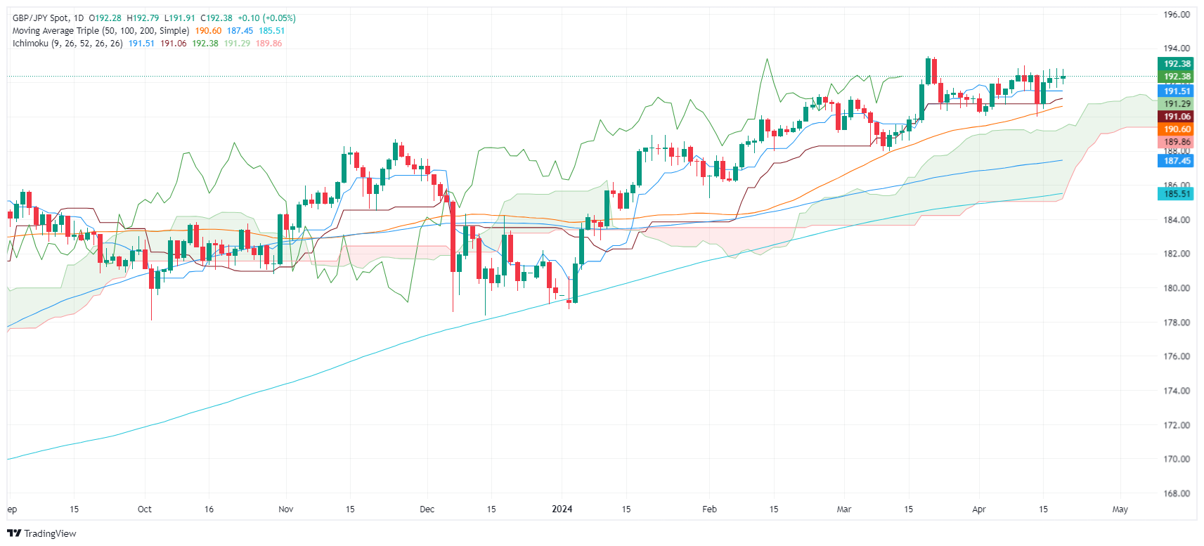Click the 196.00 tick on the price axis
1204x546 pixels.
pyautogui.click(x=1176, y=14)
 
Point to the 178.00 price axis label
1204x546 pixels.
pyautogui.click(x=1176, y=323)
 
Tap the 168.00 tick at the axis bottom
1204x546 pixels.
pyautogui.click(x=1176, y=493)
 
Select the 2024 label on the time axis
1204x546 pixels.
pyautogui.click(x=562, y=509)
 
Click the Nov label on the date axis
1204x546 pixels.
pyautogui.click(x=286, y=509)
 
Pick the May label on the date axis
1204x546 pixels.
pyautogui.click(x=1120, y=509)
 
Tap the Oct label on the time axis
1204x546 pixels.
pyautogui.click(x=144, y=509)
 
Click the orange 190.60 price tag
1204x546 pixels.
pyautogui.click(x=1177, y=129)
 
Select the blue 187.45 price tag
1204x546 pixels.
pyautogui.click(x=1177, y=161)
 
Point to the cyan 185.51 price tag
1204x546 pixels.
pyautogui.click(x=1177, y=194)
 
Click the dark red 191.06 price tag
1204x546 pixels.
pyautogui.click(x=1177, y=117)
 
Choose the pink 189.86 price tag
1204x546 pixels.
pyautogui.click(x=1177, y=142)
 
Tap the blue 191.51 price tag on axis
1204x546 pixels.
pyautogui.click(x=1177, y=91)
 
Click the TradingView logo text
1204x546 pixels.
pyautogui.click(x=49, y=533)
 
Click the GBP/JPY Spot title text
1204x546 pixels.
pyautogui.click(x=41, y=18)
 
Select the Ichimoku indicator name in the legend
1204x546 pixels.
pyautogui.click(x=30, y=44)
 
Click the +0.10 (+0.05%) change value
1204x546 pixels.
pyautogui.click(x=266, y=18)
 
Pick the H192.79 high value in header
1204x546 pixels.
pyautogui.click(x=143, y=18)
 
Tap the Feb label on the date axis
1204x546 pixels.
pyautogui.click(x=709, y=509)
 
